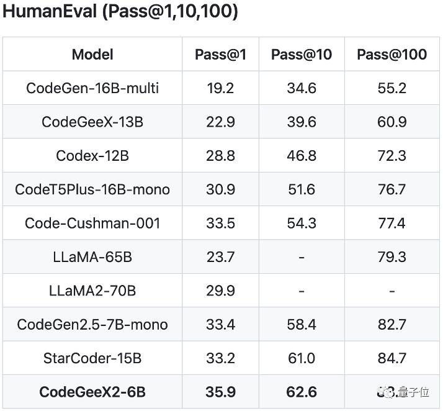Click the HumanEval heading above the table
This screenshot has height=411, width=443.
(120, 12)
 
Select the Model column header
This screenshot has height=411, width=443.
(92, 55)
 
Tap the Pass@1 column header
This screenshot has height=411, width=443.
(220, 55)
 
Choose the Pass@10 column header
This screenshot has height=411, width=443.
(302, 55)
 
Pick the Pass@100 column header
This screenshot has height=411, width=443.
(392, 55)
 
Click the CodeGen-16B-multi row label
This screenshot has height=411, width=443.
(92, 88)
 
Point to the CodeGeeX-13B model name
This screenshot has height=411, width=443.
(92, 122)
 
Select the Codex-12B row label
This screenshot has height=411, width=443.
(92, 155)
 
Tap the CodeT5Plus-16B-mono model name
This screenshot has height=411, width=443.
(92, 189)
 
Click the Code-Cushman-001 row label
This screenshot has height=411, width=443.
(92, 223)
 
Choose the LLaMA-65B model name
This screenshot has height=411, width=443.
(92, 256)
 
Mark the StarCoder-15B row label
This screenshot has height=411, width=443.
(92, 358)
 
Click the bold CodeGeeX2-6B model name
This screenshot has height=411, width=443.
(92, 392)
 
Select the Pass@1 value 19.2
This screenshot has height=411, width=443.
(220, 88)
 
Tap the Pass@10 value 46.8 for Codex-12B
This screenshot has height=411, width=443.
(302, 155)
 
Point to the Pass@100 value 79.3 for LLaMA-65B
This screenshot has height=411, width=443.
(392, 256)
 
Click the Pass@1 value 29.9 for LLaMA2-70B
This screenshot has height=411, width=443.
(220, 291)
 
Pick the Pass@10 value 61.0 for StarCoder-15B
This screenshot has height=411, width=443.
(302, 358)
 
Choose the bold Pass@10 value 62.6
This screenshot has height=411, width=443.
(302, 392)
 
